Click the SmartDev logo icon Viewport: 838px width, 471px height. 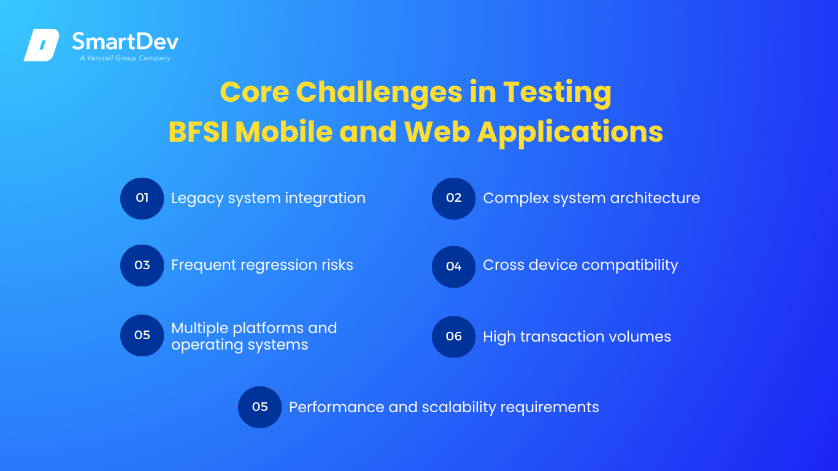pos(42,45)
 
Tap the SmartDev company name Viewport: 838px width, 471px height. pos(125,41)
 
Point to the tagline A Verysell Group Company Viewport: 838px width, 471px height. pos(125,58)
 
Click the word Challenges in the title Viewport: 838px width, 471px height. pos(379,93)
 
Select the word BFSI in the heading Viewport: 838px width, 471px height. pos(198,132)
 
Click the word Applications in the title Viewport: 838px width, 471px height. pos(570,133)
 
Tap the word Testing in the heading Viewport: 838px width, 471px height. pos(557,93)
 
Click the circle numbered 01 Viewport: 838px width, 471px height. pos(142,198)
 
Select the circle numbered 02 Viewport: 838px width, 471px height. pos(454,198)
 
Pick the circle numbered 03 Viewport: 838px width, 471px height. pos(142,265)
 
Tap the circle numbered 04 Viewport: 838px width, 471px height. pos(454,266)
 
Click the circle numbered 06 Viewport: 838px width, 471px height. pos(454,336)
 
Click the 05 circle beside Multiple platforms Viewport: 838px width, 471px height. pos(142,335)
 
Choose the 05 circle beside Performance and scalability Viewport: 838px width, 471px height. pos(260,407)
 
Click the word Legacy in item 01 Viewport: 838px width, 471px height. pos(197,199)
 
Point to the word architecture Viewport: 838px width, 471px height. pos(655,198)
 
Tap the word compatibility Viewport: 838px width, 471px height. pos(630,265)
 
